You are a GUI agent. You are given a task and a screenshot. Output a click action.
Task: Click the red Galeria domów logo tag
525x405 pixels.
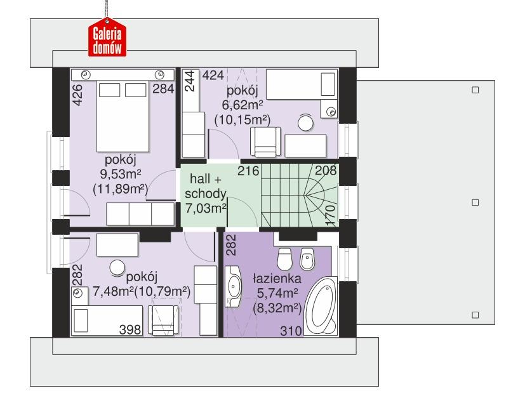(107, 37)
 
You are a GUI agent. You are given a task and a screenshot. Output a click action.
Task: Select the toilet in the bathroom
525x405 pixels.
(285, 258)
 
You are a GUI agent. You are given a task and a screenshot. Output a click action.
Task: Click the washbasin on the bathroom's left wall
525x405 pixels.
(233, 287)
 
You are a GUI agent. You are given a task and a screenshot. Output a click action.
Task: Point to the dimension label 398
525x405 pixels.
(130, 329)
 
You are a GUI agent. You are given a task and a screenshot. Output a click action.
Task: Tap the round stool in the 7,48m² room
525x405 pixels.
(117, 269)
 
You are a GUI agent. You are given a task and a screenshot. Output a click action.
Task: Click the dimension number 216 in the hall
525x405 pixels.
(248, 171)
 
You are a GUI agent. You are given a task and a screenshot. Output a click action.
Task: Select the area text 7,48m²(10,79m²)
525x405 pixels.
(141, 291)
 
